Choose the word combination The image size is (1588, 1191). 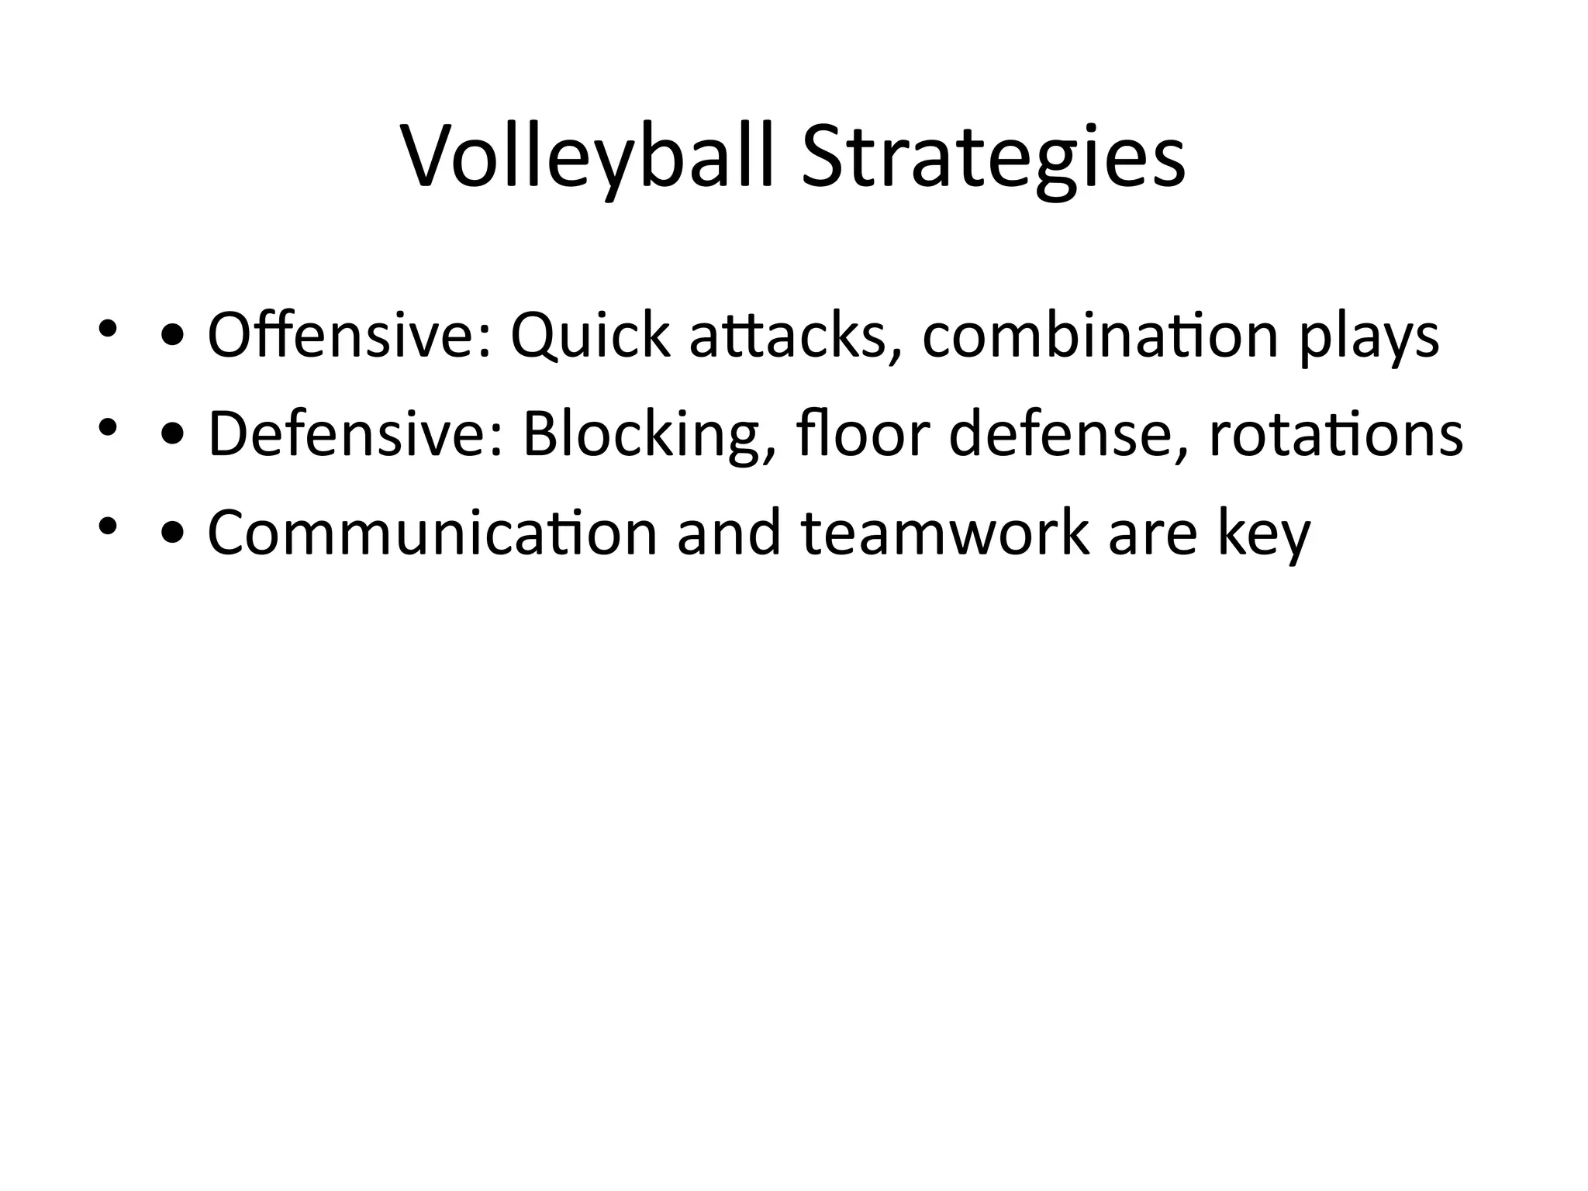click(1100, 335)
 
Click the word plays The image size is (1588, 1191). click(1369, 341)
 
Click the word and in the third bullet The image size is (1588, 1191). click(729, 533)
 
